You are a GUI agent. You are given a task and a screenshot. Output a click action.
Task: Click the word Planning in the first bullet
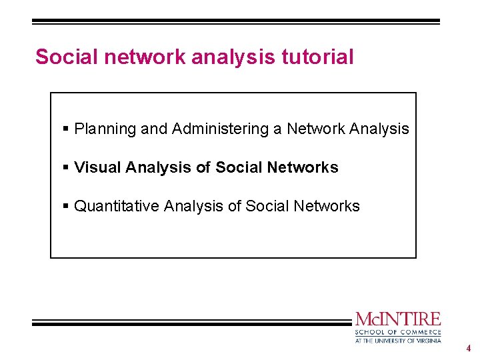[105, 129]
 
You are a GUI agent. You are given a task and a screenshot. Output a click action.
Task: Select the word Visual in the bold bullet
[97, 168]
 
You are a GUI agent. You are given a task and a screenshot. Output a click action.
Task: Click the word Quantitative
[117, 207]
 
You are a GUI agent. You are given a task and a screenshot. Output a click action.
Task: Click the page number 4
[469, 348]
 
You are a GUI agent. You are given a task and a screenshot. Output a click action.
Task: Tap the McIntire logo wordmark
[397, 319]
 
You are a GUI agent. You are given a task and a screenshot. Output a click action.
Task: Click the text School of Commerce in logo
[397, 332]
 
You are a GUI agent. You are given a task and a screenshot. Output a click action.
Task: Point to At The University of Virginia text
[397, 340]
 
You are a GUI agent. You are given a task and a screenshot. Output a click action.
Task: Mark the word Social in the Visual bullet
[239, 168]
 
